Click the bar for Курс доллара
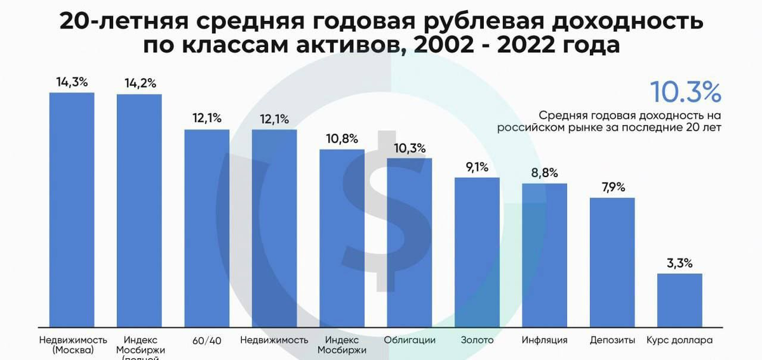click(679, 300)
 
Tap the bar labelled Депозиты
click(612, 262)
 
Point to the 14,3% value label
click(72, 83)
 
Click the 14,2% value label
click(140, 84)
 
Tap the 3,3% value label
click(679, 263)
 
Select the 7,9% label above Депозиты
click(612, 187)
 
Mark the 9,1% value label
click(477, 167)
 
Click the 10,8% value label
click(342, 138)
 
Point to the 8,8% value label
click(544, 173)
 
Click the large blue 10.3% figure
click(685, 93)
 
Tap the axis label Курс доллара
click(679, 340)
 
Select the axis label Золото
click(477, 340)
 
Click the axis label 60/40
click(207, 340)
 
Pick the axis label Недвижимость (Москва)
click(72, 345)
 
